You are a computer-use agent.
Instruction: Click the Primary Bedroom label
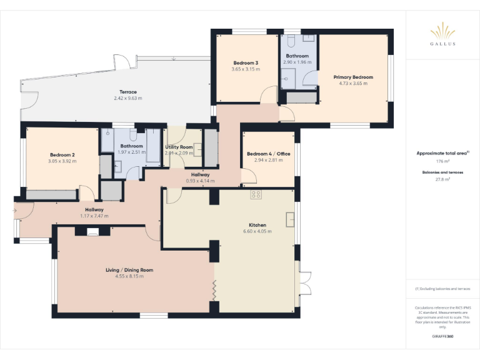[x=353, y=77]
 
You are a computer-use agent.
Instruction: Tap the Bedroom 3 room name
[x=246, y=63]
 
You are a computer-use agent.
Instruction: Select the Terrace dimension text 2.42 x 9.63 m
[x=127, y=98]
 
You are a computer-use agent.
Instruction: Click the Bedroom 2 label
[x=62, y=155]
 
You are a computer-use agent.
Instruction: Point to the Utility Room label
[x=179, y=147]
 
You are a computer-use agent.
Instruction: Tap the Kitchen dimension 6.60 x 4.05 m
[x=257, y=231]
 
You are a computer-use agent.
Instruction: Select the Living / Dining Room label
[x=129, y=270]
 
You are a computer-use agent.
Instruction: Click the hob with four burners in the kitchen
[x=256, y=194]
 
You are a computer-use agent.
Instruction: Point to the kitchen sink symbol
[x=290, y=219]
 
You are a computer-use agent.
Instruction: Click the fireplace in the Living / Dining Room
[x=92, y=231]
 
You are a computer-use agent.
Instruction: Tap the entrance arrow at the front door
[x=14, y=211]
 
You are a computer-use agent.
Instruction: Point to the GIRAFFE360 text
[x=442, y=336]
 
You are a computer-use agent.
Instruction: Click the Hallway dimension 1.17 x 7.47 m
[x=94, y=216]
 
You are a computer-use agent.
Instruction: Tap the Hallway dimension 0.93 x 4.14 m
[x=200, y=181]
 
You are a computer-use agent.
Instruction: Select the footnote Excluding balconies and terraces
[x=442, y=289]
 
